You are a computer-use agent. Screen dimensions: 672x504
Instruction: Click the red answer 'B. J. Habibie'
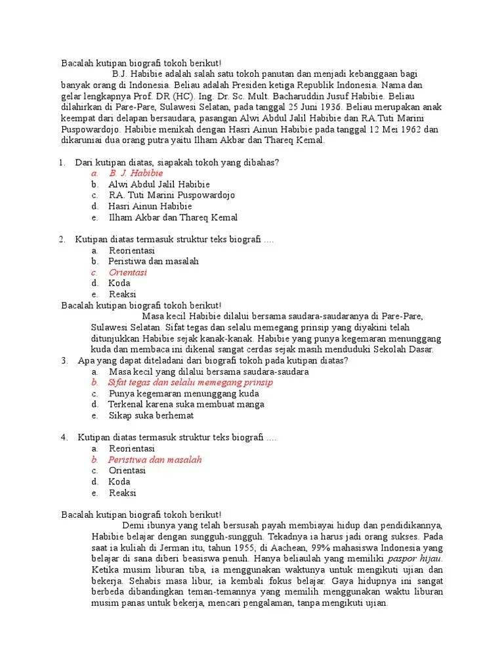tap(136, 173)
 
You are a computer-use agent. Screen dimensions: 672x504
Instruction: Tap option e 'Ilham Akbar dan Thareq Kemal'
tap(173, 217)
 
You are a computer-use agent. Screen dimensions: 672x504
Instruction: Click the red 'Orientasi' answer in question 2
tap(128, 272)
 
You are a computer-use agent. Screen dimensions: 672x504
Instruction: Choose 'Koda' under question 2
tap(119, 283)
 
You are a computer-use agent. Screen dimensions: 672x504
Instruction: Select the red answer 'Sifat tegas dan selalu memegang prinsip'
tap(190, 383)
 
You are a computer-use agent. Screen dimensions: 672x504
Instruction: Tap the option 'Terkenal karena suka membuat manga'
tap(186, 405)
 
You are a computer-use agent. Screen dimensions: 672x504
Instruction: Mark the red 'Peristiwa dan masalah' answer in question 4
tap(155, 460)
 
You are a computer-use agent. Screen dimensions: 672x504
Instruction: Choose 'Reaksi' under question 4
tap(123, 493)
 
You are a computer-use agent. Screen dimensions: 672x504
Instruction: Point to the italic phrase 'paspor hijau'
tap(414, 559)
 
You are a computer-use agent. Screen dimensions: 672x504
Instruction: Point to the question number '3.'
tap(65, 360)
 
